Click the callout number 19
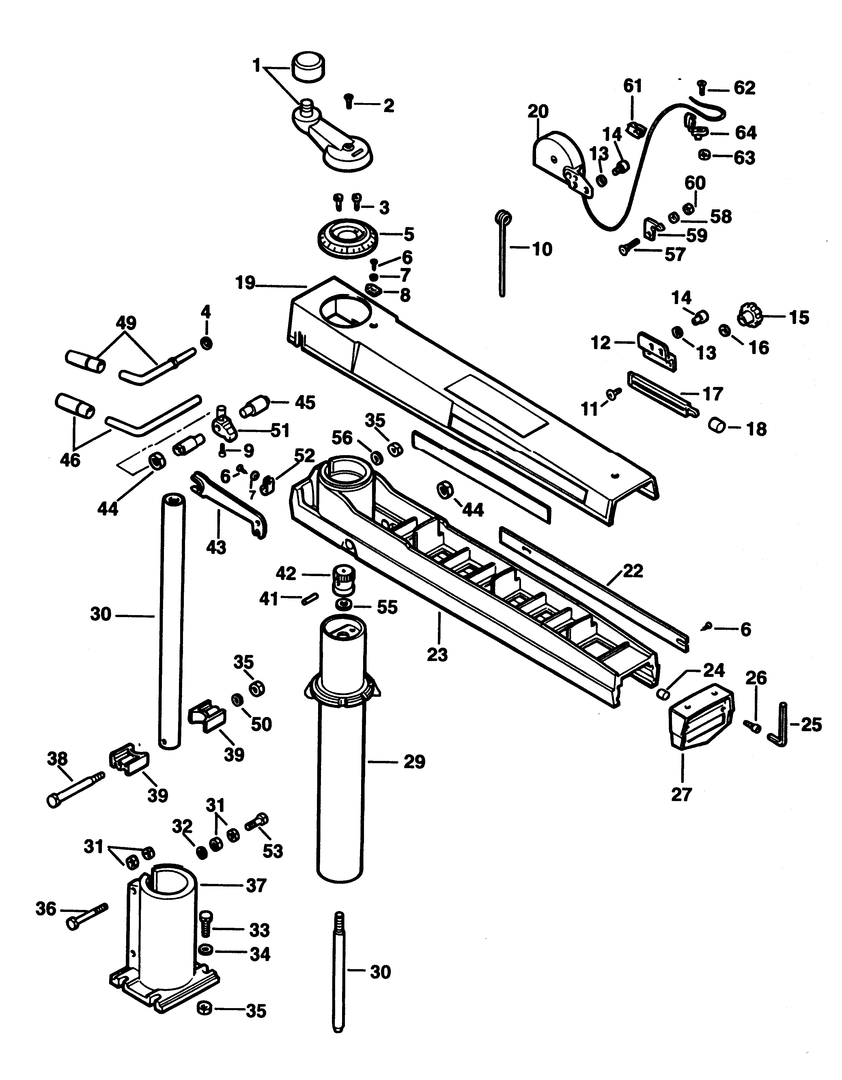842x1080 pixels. (246, 283)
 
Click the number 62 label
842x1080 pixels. (745, 88)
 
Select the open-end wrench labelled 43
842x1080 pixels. (230, 505)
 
